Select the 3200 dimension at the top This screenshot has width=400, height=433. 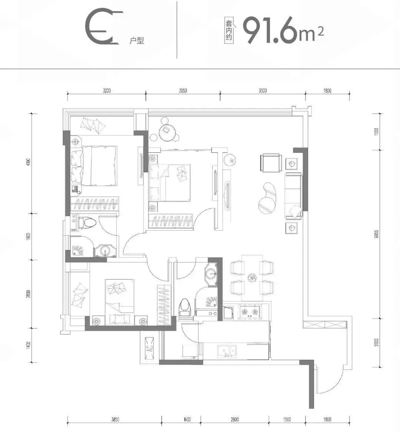pos(107,90)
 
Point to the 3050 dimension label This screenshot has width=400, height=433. pos(183,90)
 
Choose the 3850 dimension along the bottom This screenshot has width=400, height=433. pos(115,420)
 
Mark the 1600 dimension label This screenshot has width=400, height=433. pos(187,420)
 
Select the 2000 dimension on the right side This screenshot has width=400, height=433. pos(376,342)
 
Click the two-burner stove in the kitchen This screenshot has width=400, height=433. pos(250,312)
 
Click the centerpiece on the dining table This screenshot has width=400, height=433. pos(252,277)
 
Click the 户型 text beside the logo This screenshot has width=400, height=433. pos(136,40)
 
